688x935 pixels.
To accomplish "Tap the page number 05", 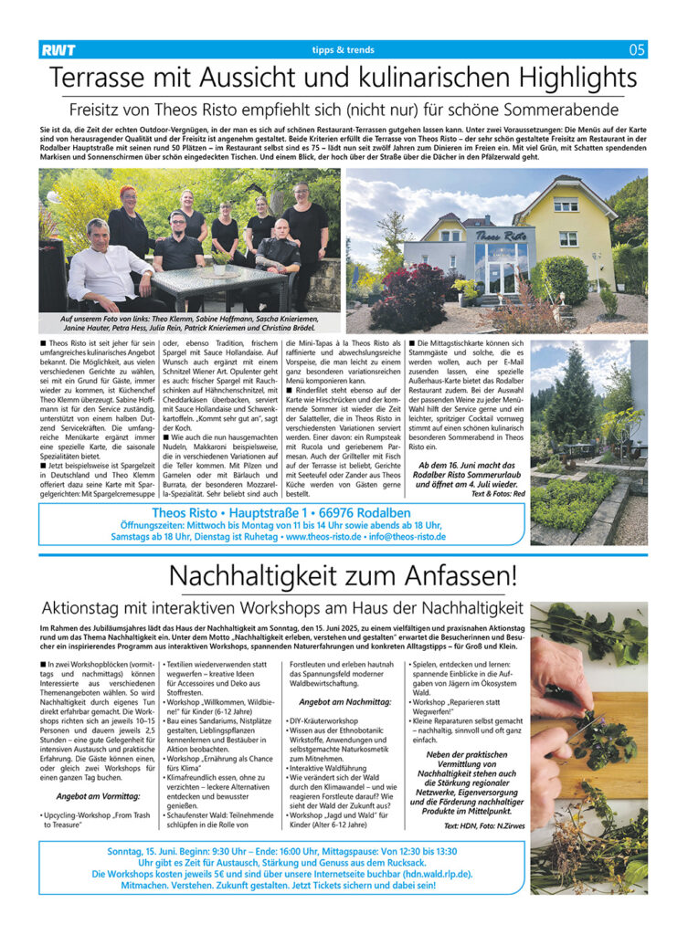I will [x=637, y=50].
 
